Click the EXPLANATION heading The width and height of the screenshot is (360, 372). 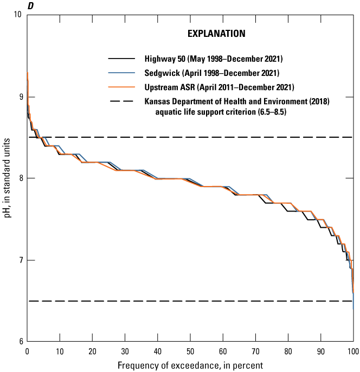pos(216,34)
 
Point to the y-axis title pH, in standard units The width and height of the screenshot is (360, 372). pos(7,178)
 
